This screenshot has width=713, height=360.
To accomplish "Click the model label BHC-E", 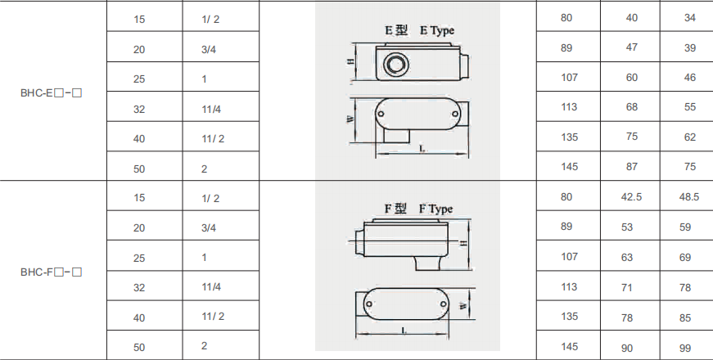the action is point(51,93).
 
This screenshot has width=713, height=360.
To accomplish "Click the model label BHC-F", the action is point(51,272).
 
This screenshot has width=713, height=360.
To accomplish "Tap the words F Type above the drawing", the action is point(435,209).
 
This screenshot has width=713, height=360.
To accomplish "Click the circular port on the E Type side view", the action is point(395,64).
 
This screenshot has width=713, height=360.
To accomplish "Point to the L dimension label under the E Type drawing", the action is point(422,149).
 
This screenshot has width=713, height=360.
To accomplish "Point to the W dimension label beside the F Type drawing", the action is point(463,306).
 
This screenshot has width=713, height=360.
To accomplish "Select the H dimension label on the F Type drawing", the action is point(463,243).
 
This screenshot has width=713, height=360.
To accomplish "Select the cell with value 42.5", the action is point(631,197).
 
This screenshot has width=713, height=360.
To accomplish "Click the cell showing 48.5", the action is point(689,197).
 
